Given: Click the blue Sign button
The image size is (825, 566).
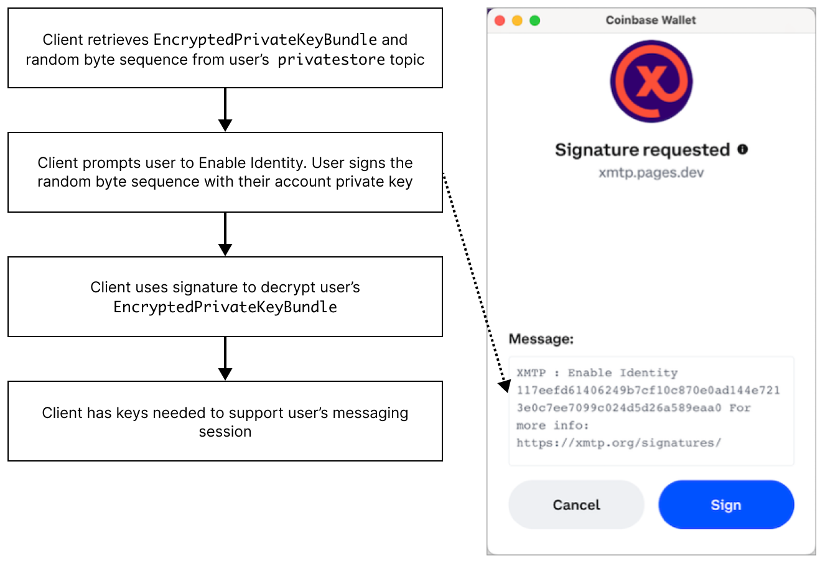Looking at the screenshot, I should [x=726, y=504].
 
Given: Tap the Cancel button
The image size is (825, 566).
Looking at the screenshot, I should [x=576, y=504].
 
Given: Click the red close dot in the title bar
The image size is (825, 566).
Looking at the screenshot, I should [x=500, y=21].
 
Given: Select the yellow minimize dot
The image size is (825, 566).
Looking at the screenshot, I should [x=517, y=21].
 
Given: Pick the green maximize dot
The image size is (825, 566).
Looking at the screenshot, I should [x=534, y=21].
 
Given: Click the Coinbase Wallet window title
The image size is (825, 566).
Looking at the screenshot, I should [x=651, y=20].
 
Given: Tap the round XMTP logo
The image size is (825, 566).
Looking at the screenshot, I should [x=651, y=81].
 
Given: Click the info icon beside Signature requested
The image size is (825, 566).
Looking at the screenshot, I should [x=743, y=149].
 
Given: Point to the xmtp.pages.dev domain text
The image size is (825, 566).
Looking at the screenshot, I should [x=651, y=172].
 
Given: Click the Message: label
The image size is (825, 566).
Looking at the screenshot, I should [x=541, y=339].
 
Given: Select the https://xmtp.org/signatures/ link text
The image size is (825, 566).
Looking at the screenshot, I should [x=618, y=443].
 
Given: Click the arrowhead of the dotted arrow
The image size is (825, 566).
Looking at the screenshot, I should [x=503, y=386].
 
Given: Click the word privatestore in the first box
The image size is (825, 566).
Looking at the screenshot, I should [x=331, y=60].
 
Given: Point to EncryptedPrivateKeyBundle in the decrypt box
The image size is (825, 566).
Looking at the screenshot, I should [x=225, y=307].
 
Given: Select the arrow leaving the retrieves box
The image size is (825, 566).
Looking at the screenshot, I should [x=225, y=110].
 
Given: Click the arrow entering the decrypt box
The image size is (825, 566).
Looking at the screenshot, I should [x=225, y=235].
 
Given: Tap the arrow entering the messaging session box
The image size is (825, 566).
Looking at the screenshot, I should [x=225, y=360].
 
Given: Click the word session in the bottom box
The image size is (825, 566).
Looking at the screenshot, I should [x=225, y=432].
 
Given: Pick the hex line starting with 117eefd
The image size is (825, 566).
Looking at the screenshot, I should [x=648, y=390].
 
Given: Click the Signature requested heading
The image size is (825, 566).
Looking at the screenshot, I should [x=642, y=150].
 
